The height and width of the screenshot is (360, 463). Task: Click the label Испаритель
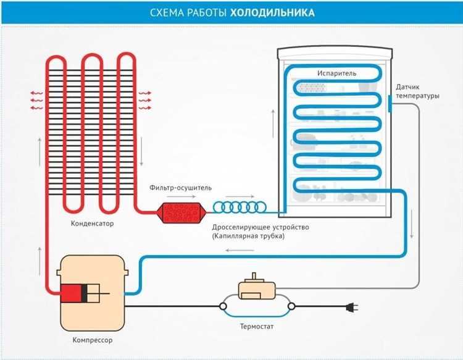point(336,73)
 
